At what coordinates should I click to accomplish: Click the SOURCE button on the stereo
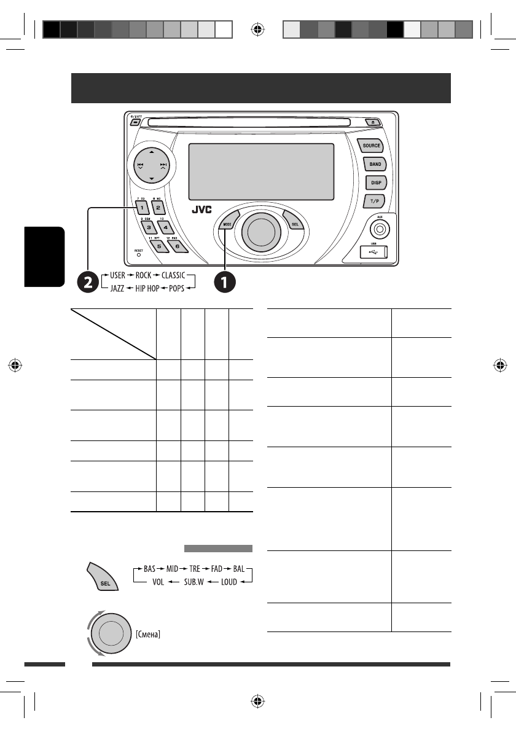click(372, 146)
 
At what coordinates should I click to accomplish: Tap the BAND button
click(374, 165)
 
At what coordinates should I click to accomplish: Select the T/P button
click(374, 200)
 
